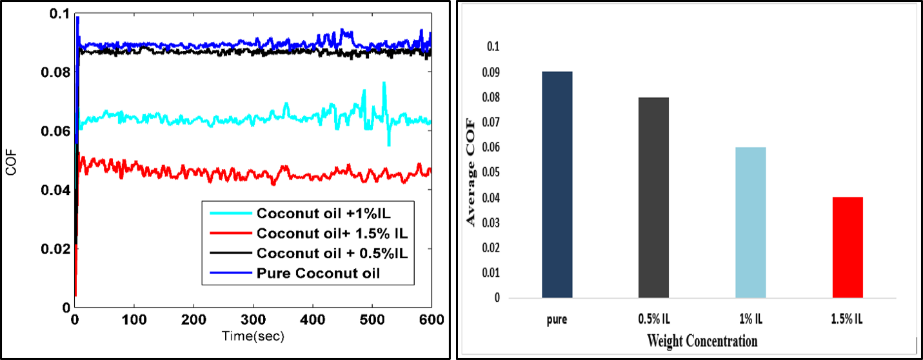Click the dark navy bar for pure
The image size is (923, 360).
click(x=557, y=185)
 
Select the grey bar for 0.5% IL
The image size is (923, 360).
click(x=653, y=198)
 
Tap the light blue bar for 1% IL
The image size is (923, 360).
click(x=751, y=223)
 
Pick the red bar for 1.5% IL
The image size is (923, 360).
click(x=848, y=248)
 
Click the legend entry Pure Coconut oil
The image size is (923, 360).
click(x=317, y=273)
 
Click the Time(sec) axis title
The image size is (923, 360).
click(x=253, y=336)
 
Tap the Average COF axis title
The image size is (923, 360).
click(x=471, y=172)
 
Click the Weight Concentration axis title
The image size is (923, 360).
click(x=702, y=341)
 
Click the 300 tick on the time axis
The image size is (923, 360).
click(x=253, y=320)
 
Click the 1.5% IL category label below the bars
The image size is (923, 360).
click(x=848, y=319)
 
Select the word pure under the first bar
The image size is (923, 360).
click(x=557, y=319)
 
